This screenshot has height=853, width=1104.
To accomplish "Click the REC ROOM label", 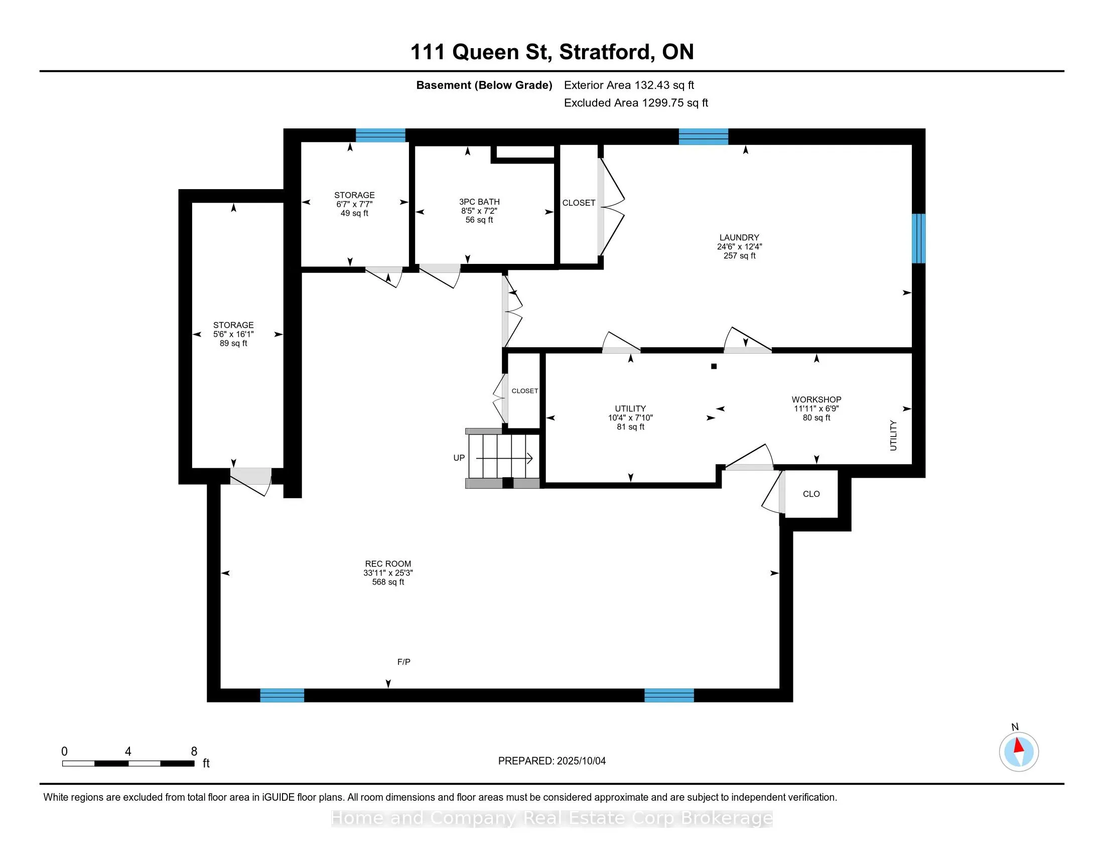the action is tap(388, 563).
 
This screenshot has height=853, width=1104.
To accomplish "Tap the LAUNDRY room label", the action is tap(739, 237).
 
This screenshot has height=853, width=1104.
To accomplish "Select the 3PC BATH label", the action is tap(479, 202).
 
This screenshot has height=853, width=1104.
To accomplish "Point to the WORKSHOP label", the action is tap(816, 399).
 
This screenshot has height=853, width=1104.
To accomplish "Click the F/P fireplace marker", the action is tap(403, 661).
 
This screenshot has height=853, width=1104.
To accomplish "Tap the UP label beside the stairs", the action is tap(459, 458).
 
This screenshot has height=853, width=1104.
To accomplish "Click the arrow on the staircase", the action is tap(504, 458).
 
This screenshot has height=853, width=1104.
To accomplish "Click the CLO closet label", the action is tap(811, 494).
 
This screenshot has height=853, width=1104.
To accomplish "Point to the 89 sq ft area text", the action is tap(233, 343).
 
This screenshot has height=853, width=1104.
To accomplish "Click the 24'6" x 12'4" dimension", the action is tap(739, 246).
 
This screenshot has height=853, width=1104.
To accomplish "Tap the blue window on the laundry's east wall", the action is tap(918, 238).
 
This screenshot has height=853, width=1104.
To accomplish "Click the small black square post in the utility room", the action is tap(714, 366).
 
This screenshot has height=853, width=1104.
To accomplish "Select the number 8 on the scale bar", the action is tap(194, 752).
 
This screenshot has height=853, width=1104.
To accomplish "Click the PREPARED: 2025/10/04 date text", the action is tap(551, 761).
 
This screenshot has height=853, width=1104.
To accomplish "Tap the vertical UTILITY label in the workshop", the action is tap(893, 435).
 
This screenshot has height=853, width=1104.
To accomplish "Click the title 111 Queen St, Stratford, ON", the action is tap(552, 52).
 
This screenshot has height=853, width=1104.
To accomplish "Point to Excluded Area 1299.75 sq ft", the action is tap(636, 102).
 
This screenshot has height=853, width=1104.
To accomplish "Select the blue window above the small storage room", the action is tap(381, 135).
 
